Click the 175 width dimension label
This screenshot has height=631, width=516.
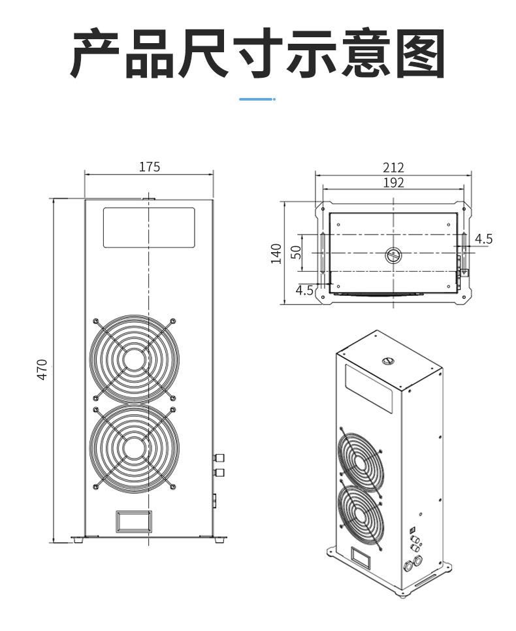point(149,167)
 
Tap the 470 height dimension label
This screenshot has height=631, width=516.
point(42,370)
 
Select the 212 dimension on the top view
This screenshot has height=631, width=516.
point(393,168)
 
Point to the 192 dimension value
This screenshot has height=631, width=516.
point(393,183)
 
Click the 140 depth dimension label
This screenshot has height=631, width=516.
point(276,253)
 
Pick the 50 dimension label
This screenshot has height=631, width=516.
point(297,252)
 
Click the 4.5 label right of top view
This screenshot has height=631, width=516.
point(483,239)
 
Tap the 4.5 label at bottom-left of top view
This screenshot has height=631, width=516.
point(305,289)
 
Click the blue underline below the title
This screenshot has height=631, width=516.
point(257,99)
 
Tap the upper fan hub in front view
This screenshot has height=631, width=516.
point(134,359)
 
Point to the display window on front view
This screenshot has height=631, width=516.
point(149,227)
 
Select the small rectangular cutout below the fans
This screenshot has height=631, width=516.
point(134,521)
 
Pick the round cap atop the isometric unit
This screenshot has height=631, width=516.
point(387,359)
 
